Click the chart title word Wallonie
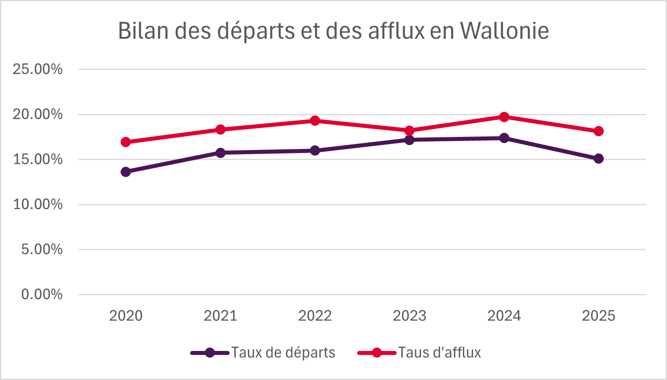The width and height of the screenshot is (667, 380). point(504,31)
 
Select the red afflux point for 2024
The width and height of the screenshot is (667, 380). point(504,117)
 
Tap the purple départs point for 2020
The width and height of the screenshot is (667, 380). point(125,172)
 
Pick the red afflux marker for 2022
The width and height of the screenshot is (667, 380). point(315,121)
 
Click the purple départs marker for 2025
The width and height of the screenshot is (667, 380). point(598,159)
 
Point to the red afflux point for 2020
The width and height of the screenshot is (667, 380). point(125,142)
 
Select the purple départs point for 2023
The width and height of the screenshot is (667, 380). point(409,140)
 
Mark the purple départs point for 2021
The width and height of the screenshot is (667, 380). point(220,153)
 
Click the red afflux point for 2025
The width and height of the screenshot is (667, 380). point(598,131)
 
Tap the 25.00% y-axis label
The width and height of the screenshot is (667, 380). point(38,69)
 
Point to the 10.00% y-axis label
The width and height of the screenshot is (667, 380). point(38,204)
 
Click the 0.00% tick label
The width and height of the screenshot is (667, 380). point(42,294)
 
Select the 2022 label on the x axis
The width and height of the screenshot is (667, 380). point(315,316)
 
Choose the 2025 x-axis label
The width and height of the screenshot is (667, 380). point(598,316)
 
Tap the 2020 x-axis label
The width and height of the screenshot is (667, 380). point(125,316)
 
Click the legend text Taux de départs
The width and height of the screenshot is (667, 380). point(283,353)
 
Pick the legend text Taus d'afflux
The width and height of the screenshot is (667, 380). point(440,353)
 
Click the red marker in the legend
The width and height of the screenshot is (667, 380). point(376,353)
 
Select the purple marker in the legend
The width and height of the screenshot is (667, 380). point(209,353)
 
